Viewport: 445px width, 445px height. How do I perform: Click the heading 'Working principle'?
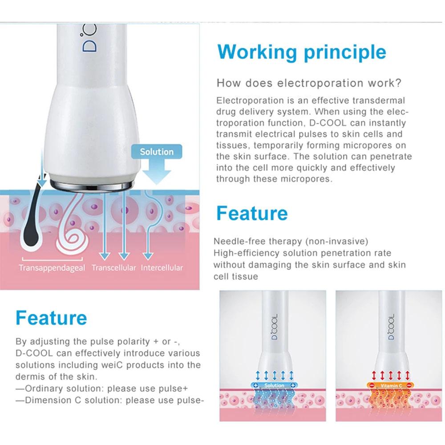(x=302, y=52)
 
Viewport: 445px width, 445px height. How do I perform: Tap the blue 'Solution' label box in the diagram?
(x=157, y=152)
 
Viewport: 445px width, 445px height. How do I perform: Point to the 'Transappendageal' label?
(x=52, y=268)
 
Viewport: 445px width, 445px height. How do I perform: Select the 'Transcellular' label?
(x=113, y=268)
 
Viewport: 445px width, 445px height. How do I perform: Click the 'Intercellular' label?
(x=162, y=268)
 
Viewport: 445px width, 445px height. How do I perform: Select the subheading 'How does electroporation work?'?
(x=309, y=83)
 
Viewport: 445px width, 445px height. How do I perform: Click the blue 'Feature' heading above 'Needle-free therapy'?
(x=252, y=214)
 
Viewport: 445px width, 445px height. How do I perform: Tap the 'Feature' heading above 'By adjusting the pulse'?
(x=51, y=318)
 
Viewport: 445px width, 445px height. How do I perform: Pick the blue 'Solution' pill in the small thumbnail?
(x=274, y=385)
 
